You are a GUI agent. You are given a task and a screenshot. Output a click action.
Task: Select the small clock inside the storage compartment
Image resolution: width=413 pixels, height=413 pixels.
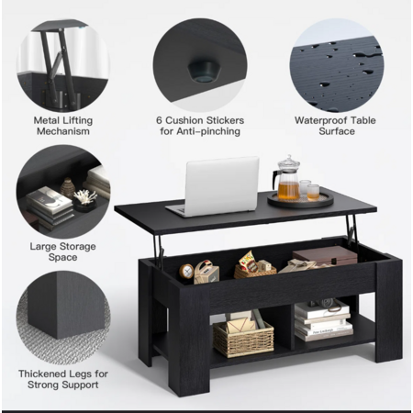186,271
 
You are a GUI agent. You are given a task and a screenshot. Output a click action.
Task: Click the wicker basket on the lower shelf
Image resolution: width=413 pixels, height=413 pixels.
243,339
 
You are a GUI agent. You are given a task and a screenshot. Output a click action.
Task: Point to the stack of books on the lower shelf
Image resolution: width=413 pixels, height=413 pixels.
323,321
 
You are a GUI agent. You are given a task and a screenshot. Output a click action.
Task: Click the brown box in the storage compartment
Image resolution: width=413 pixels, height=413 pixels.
325,255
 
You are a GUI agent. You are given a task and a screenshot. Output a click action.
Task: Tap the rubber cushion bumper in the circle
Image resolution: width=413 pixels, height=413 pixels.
204,72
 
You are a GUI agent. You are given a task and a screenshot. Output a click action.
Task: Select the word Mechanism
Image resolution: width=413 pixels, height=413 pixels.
63,131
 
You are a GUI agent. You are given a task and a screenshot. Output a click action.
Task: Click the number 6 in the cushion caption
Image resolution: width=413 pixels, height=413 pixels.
159,120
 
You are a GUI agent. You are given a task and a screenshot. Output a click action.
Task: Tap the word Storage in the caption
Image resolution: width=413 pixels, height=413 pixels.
78,247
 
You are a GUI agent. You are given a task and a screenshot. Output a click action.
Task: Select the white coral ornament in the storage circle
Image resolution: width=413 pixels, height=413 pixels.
85,196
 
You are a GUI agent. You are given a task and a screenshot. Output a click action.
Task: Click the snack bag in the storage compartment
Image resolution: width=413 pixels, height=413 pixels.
247,262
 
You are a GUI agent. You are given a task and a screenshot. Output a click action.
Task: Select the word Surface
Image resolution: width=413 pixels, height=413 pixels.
337,131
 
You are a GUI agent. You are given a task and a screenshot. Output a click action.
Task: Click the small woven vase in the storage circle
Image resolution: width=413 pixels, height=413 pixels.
68,188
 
